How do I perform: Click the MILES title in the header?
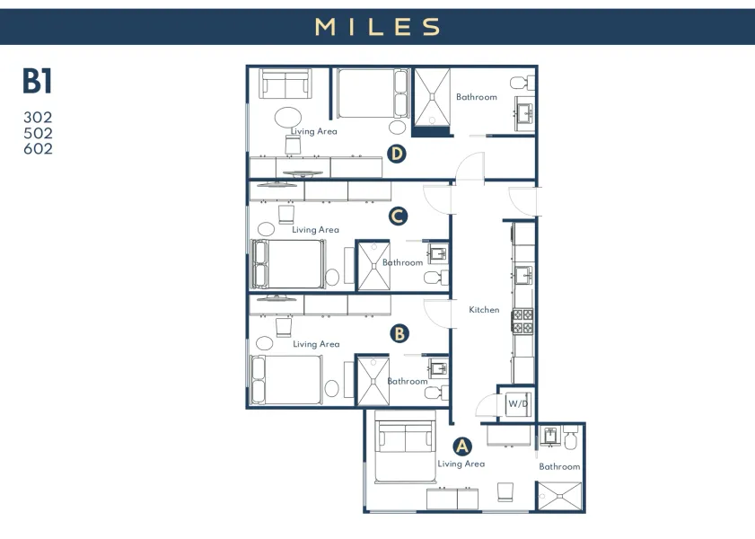coord(377,27)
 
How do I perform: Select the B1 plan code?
coord(38,82)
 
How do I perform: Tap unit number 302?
coord(38,118)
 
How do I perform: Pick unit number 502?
coord(38,133)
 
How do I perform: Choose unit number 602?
coord(38,148)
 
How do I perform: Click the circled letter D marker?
coord(397,154)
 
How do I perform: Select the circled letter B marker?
coord(400,333)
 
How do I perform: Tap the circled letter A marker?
coord(461,446)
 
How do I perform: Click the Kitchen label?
coord(484,310)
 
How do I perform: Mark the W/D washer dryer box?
coord(518,403)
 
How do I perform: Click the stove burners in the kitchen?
coord(522,321)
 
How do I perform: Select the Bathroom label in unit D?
coord(476,97)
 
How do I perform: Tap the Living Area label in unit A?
coord(461,464)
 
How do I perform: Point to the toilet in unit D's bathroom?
coord(520,84)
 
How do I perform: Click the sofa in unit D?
coord(286,85)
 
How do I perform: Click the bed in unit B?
coord(286,381)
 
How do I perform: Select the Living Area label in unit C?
coord(315,230)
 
